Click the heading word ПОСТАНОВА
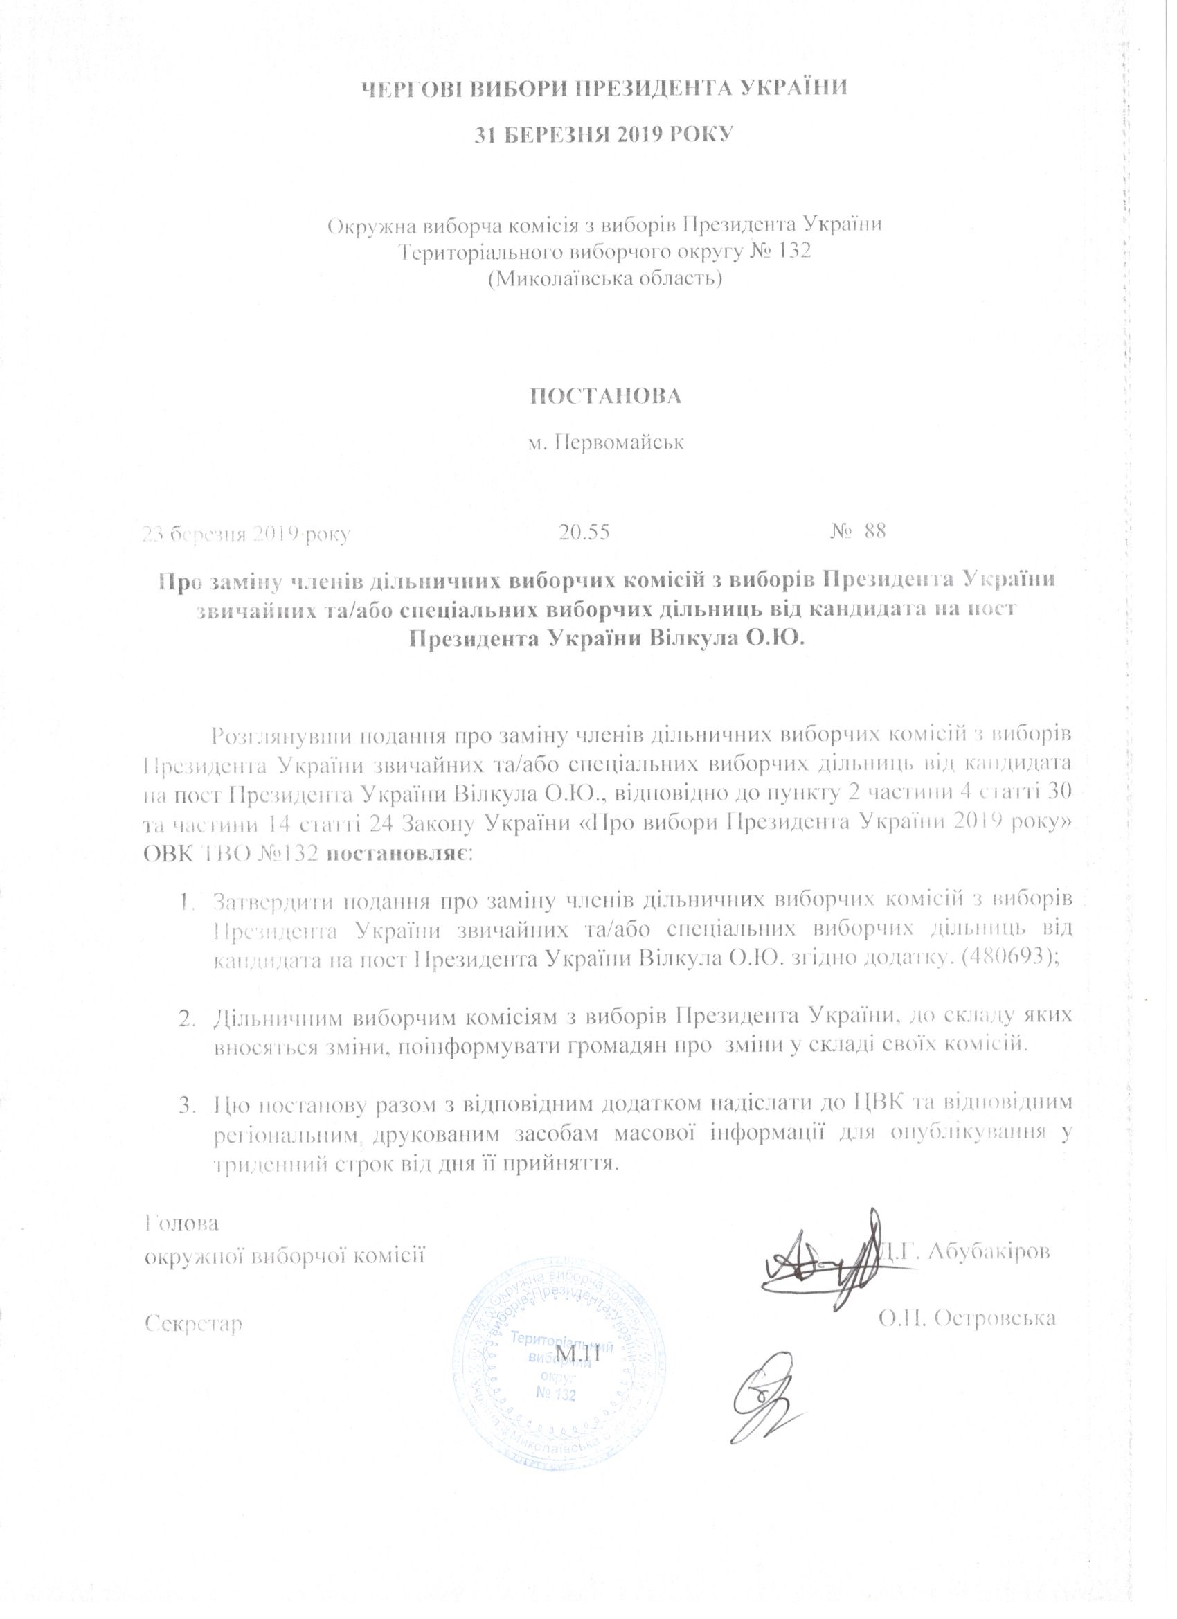pos(604,396)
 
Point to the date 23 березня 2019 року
pos(246,533)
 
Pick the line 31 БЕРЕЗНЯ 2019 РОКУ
pos(604,134)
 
